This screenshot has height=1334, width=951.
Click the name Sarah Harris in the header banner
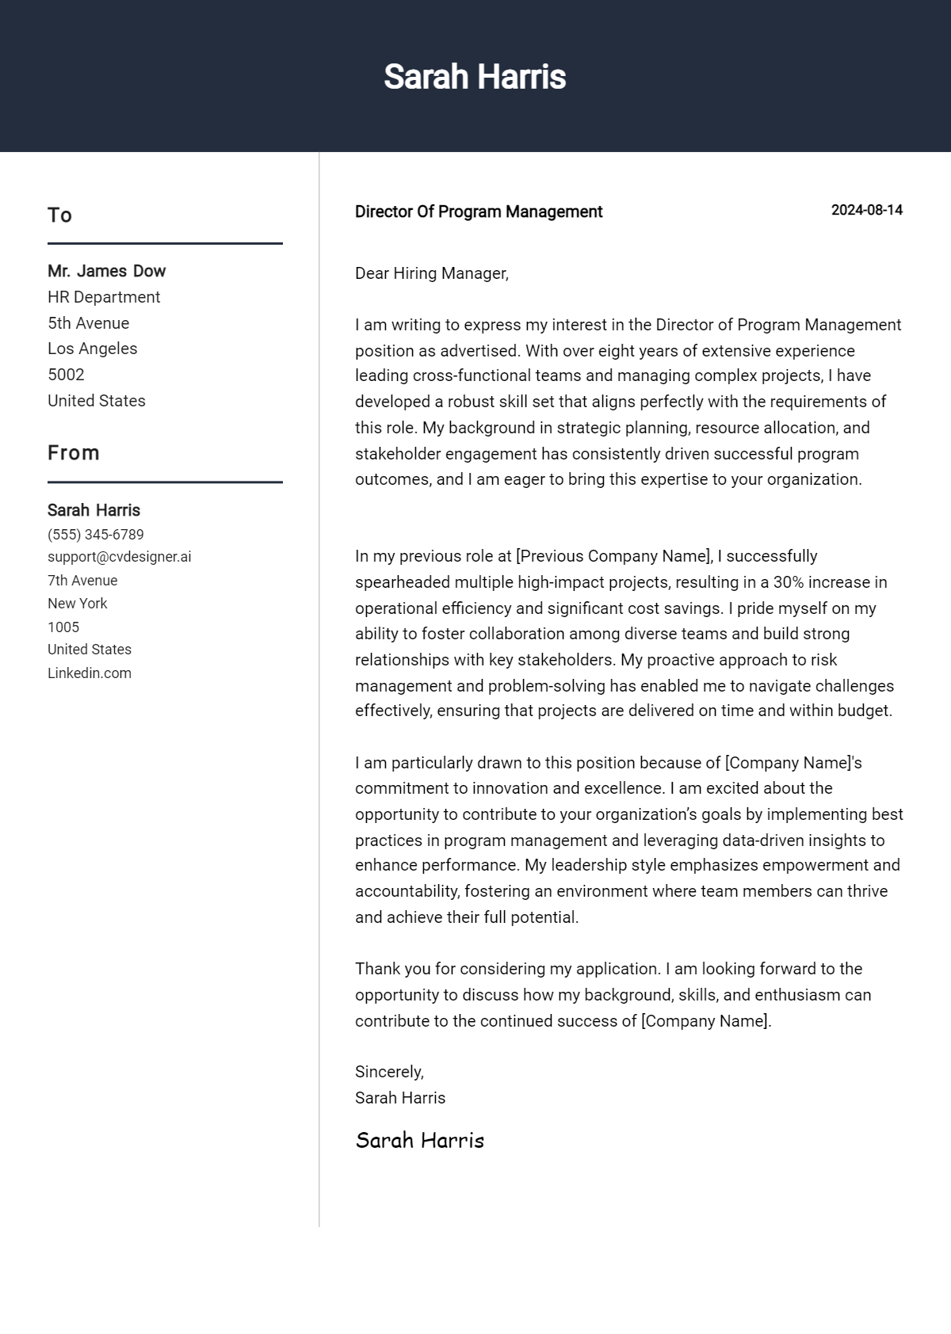point(475,77)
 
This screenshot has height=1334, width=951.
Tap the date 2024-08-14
point(866,210)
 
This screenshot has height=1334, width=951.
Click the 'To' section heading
point(59,215)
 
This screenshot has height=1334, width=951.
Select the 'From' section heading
point(74,453)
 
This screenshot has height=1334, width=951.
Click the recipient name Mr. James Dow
point(106,271)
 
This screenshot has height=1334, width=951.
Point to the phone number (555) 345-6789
point(96,535)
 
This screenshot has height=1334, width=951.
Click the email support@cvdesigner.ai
point(119,557)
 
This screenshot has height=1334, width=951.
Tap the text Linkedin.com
point(90,673)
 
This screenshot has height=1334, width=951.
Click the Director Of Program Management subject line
point(479,212)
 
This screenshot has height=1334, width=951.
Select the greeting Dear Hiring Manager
point(431,273)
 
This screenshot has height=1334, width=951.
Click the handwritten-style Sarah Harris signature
point(419,1141)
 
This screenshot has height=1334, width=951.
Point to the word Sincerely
point(389,1072)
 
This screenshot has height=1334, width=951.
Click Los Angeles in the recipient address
point(92,349)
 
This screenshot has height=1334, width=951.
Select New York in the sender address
point(77,604)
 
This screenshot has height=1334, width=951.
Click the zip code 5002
point(66,375)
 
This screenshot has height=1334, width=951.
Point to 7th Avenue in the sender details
point(82,581)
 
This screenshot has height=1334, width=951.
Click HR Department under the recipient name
point(104,297)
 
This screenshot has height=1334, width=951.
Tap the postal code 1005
point(63,627)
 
